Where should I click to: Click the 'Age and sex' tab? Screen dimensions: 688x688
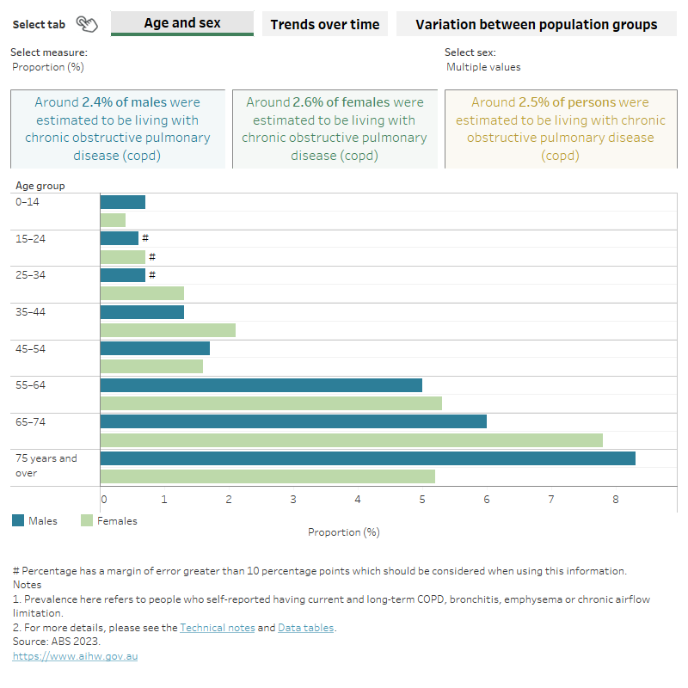[x=182, y=23]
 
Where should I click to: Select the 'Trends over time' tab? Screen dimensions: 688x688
[x=324, y=24]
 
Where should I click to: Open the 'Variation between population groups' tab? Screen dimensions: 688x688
[x=536, y=24]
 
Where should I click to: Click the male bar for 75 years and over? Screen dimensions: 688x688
[x=367, y=458]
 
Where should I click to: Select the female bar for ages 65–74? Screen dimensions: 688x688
[x=351, y=440]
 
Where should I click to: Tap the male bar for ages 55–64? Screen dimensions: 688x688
[x=261, y=385]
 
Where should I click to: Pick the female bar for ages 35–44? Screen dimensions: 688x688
[x=168, y=330]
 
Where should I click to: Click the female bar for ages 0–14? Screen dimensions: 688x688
[x=113, y=220]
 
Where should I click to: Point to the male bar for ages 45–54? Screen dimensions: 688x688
[x=155, y=348]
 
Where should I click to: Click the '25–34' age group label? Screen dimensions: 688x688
[x=31, y=275]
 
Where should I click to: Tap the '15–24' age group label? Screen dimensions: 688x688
[x=31, y=238]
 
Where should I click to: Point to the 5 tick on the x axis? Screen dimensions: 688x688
[x=422, y=499]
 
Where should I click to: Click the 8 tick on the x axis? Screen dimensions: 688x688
[x=616, y=499]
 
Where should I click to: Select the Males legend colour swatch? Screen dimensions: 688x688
[x=18, y=520]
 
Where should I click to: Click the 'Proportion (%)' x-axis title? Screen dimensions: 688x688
[x=343, y=532]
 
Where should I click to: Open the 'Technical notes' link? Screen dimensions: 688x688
[x=217, y=628]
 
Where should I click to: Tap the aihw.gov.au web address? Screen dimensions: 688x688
[x=75, y=656]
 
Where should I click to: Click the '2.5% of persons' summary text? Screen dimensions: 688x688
[x=568, y=102]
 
